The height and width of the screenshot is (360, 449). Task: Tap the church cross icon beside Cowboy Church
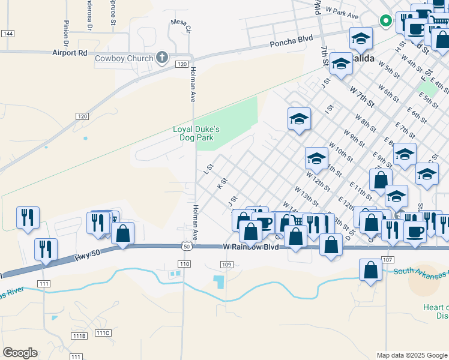[161, 58]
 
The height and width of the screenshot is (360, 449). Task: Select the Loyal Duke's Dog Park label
[197, 133]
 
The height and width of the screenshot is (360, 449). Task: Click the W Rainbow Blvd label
[251, 247]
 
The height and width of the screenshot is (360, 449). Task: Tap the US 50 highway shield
[187, 246]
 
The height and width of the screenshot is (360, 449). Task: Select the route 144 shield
[8, 34]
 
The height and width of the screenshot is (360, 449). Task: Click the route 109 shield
[226, 265]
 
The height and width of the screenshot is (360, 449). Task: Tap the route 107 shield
[387, 260]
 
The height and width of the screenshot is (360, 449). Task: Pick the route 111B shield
[79, 335]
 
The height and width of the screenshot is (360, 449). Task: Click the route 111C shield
[103, 332]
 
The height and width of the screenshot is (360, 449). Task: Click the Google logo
[20, 353]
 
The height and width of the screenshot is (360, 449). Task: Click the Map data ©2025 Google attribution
[412, 355]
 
